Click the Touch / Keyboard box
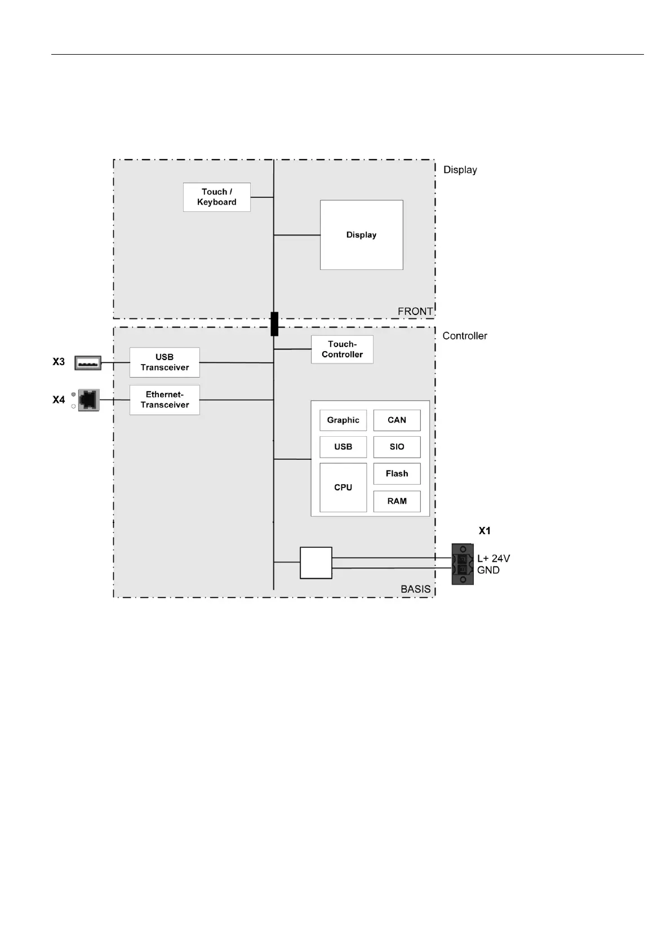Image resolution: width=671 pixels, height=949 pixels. [216, 197]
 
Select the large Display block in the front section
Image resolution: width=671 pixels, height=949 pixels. [361, 235]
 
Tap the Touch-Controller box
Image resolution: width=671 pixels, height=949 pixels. [342, 349]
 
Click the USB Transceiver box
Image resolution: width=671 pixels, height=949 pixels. [165, 362]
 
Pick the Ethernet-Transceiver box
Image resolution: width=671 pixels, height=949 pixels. [165, 400]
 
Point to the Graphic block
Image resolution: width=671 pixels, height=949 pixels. [343, 420]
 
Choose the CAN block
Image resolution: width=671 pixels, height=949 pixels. [397, 420]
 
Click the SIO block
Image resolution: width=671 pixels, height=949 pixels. [397, 447]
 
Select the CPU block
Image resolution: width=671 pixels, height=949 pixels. [343, 487]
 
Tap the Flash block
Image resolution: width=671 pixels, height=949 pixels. [397, 474]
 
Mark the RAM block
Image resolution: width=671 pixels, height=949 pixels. [397, 501]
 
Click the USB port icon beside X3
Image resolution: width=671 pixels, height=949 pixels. [88, 363]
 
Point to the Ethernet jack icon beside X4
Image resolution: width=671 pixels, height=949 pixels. [88, 400]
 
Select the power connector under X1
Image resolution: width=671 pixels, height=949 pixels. [462, 564]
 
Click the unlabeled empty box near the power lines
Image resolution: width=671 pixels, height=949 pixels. [315, 563]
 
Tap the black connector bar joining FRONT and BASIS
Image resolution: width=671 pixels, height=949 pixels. [274, 324]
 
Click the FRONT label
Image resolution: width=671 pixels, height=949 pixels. [415, 312]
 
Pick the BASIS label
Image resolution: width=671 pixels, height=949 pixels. [415, 589]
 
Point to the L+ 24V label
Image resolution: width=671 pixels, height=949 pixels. [494, 558]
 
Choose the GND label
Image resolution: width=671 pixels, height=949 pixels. [488, 570]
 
